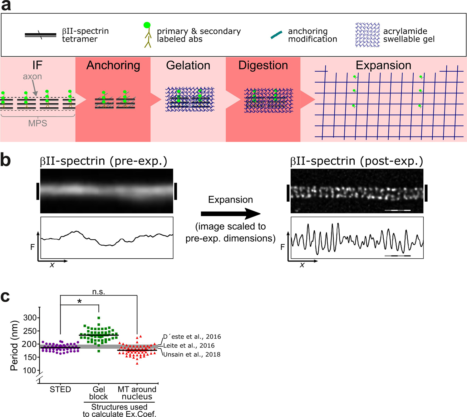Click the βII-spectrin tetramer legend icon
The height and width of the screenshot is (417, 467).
(41, 35)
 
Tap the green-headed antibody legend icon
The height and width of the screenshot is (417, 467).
(147, 35)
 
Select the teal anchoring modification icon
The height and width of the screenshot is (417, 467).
(276, 35)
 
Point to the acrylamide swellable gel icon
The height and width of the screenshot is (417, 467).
(367, 35)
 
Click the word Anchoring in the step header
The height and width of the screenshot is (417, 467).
(113, 65)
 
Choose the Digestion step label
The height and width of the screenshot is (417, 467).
(263, 65)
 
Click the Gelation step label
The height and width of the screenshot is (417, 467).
(188, 65)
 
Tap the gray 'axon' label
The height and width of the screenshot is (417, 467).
(32, 77)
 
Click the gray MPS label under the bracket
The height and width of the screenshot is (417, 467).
(37, 123)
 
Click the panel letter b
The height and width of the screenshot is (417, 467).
(6, 160)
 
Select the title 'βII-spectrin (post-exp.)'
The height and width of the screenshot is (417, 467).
(356, 161)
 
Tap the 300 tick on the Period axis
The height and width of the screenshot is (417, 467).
(30, 318)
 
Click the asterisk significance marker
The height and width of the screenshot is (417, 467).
(80, 301)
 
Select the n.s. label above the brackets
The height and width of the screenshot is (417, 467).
(99, 292)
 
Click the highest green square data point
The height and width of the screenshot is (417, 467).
(99, 318)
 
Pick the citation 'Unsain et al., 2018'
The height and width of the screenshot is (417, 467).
(192, 354)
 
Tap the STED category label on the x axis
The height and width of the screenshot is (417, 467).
(60, 390)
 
